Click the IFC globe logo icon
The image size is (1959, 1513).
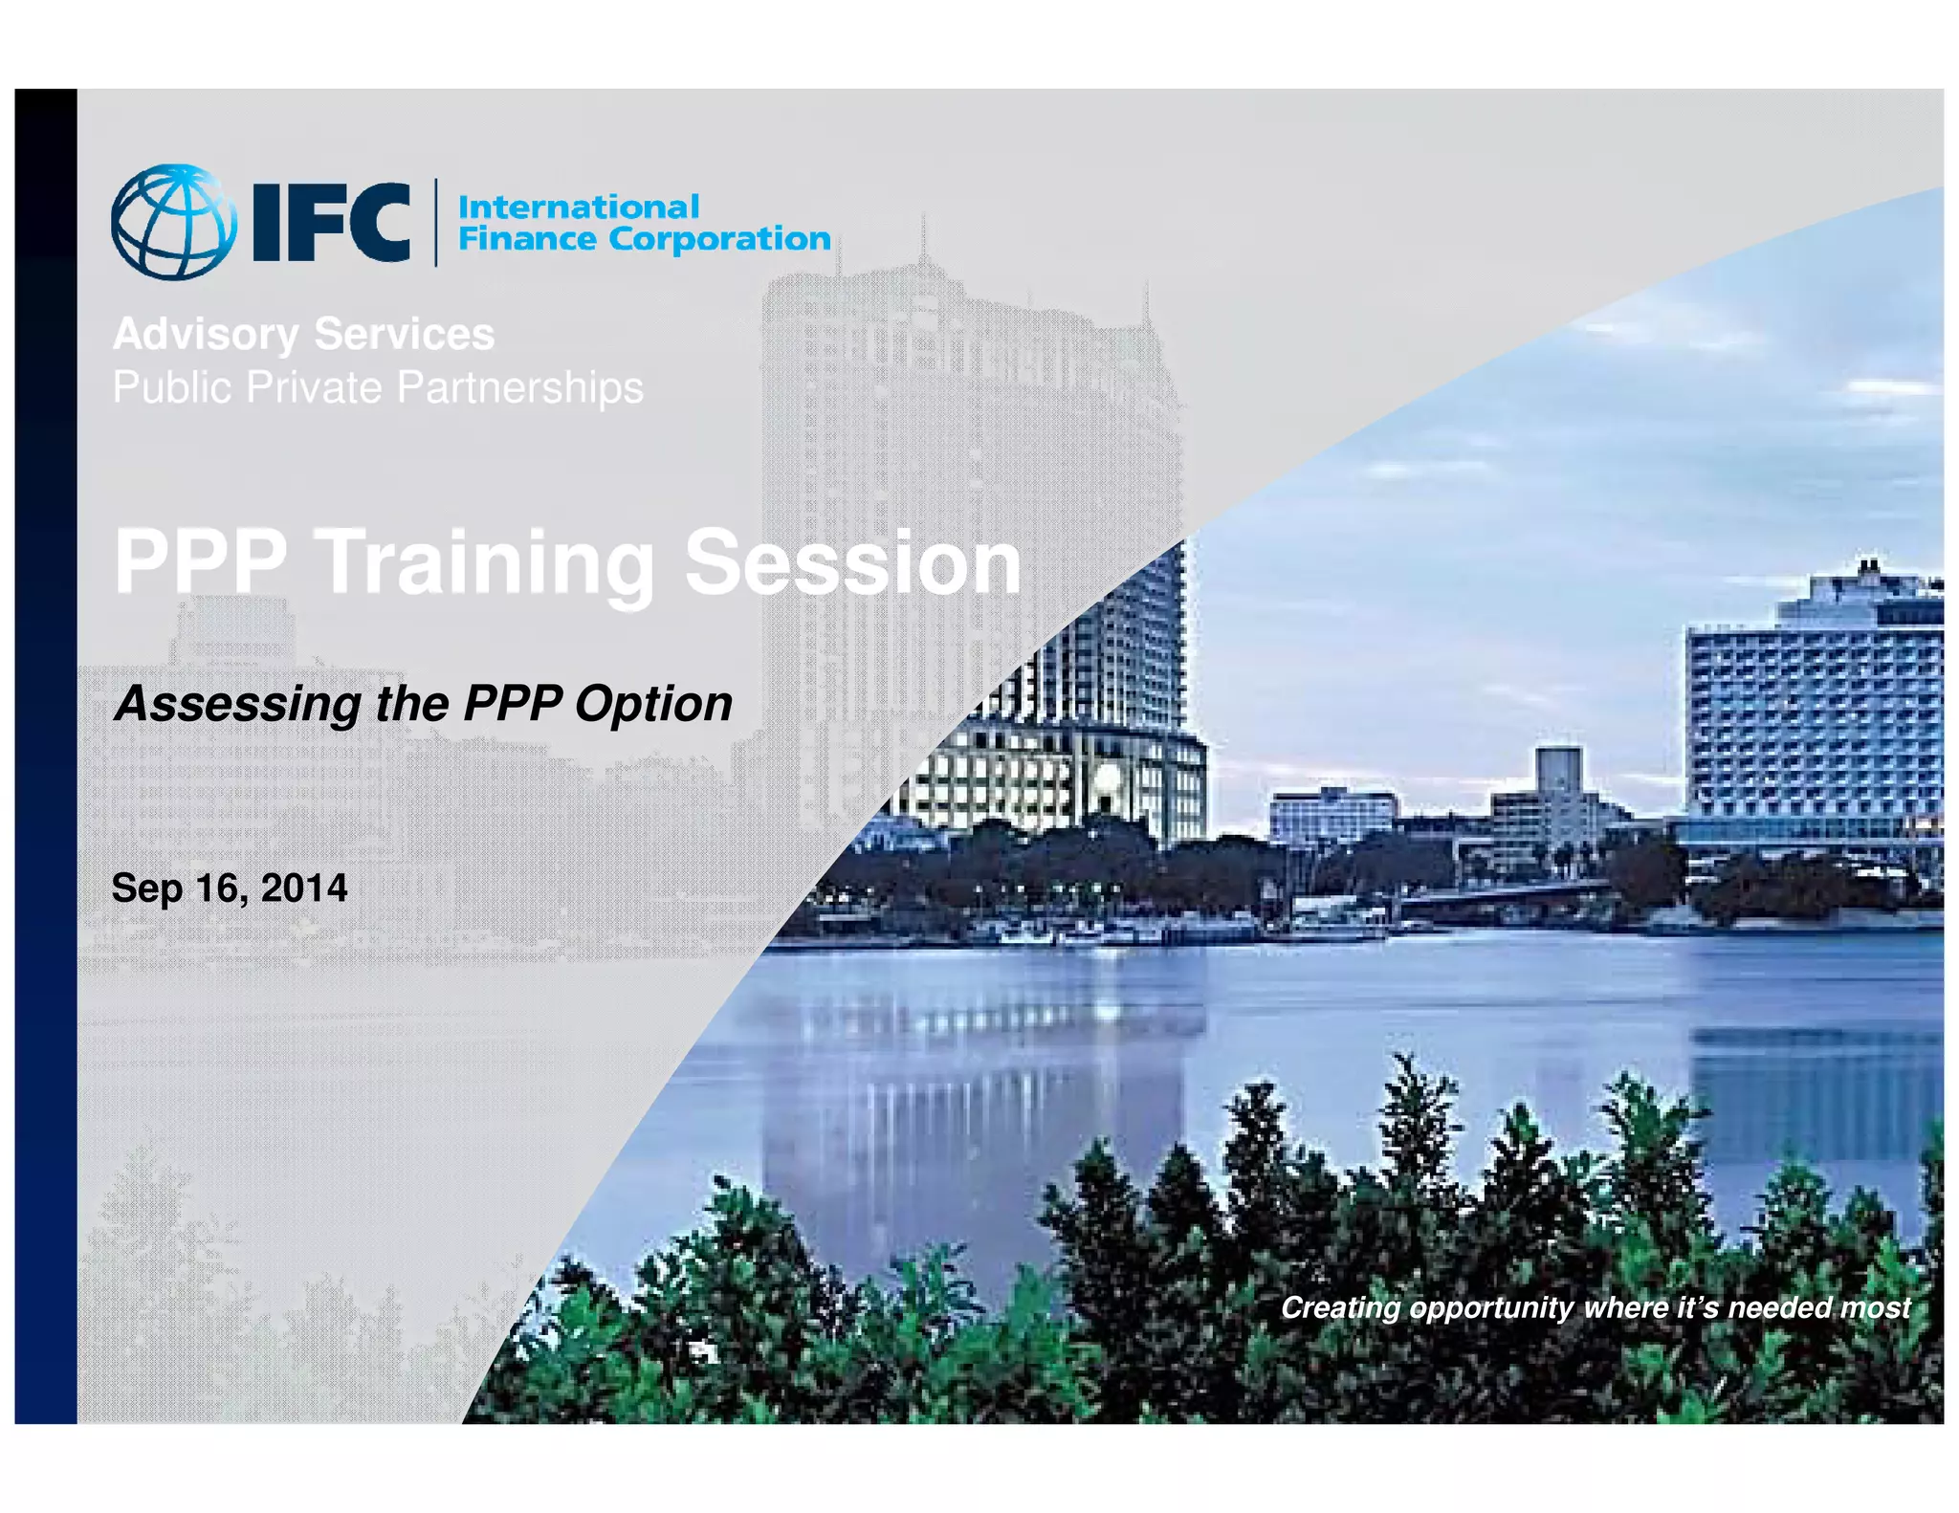click(x=173, y=222)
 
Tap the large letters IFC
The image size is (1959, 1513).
click(x=331, y=223)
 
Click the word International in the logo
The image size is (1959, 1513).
click(x=579, y=207)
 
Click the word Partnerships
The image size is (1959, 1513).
click(x=520, y=387)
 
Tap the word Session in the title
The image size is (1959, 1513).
click(x=852, y=563)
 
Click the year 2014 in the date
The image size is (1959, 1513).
click(x=304, y=888)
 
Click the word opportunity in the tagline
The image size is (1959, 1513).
click(x=1492, y=1308)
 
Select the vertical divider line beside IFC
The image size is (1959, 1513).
click(x=436, y=222)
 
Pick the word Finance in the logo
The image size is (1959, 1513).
click(x=527, y=238)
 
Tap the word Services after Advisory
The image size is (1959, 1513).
click(x=404, y=335)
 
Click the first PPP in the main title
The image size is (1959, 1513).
click(x=200, y=563)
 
